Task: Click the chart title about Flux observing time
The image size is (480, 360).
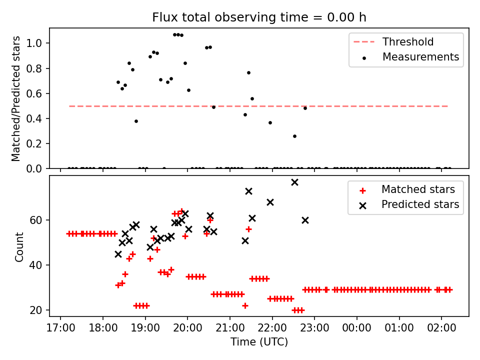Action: [x=259, y=17]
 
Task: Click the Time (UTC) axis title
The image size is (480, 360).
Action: [x=259, y=342]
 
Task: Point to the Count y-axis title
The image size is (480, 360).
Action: [x=19, y=247]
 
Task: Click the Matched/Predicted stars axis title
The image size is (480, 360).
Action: [x=16, y=98]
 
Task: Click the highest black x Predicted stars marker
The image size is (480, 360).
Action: [x=294, y=182]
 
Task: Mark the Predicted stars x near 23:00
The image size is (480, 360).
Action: [x=305, y=220]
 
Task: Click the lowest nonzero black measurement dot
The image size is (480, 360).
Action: [x=294, y=136]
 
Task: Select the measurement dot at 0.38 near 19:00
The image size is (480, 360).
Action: [x=136, y=121]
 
